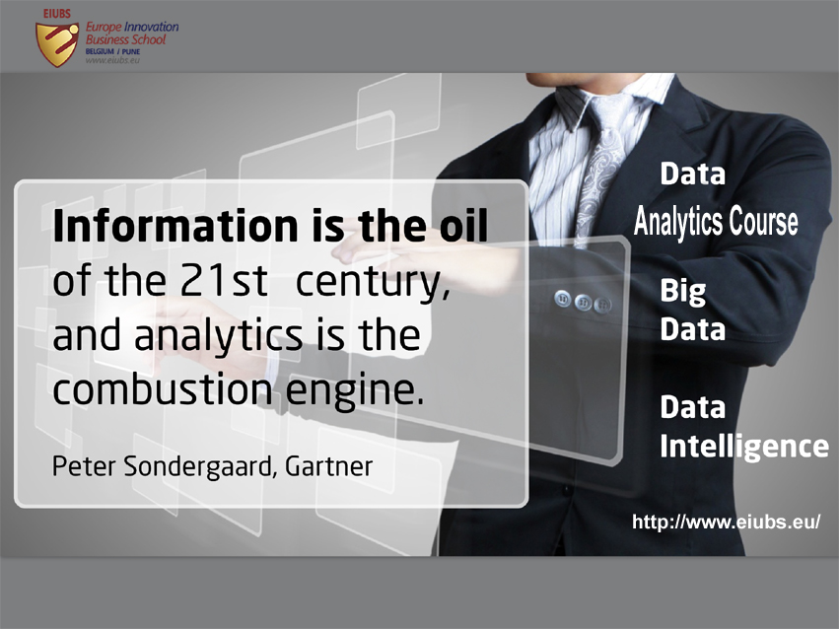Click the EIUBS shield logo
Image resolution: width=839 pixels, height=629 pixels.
(x=56, y=42)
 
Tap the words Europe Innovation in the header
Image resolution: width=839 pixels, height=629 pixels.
(x=132, y=27)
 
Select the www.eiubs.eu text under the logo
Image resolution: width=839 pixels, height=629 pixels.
(x=112, y=60)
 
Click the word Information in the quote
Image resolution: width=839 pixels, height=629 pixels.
(x=175, y=226)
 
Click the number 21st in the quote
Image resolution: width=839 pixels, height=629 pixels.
(x=224, y=281)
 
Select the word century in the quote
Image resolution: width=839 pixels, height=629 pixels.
(x=373, y=283)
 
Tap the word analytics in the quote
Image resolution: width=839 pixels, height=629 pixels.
(x=218, y=337)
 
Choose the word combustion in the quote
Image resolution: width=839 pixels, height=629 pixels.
(x=163, y=388)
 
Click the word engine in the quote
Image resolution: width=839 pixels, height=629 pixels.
(x=354, y=392)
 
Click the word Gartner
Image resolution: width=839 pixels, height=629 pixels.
(x=328, y=466)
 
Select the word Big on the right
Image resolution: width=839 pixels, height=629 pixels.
(x=683, y=292)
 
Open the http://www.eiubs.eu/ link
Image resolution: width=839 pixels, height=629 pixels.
(x=726, y=522)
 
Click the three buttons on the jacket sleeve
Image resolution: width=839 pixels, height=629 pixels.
(x=583, y=302)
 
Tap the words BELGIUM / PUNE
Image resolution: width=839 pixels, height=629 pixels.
(x=112, y=52)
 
